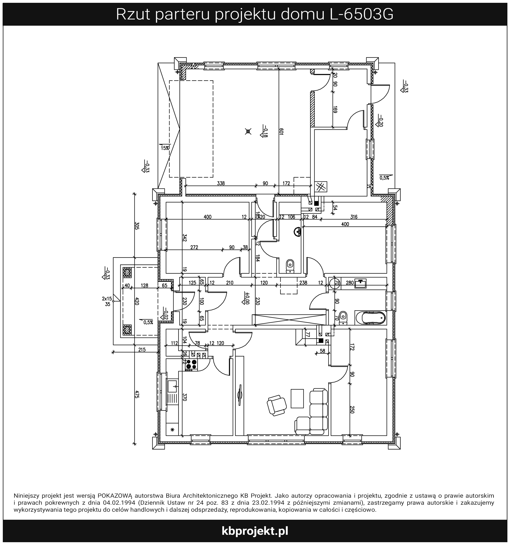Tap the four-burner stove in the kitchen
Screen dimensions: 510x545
coord(191,364)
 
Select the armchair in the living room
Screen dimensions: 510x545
coord(277,405)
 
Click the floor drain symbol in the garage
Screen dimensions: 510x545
coord(248,132)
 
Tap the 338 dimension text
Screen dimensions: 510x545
coord(221,183)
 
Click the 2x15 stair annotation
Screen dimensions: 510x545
coord(107,298)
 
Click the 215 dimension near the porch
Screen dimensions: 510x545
coord(142,350)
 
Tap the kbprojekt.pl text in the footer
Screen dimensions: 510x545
coord(255,531)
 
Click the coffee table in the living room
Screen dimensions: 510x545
coord(297,399)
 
